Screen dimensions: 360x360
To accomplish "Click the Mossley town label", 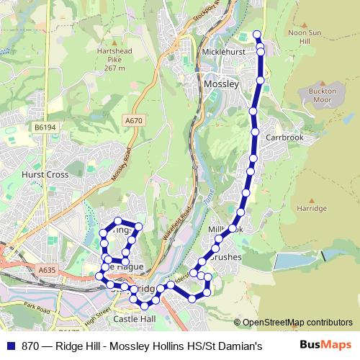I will point(221,84).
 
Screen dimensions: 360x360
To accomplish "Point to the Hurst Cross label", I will point(45,175).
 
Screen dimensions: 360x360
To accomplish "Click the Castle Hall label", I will point(134,318).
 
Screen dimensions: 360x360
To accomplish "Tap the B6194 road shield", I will point(44,127).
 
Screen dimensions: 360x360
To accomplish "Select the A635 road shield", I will point(47,270).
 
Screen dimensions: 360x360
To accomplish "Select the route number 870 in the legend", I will point(30,346).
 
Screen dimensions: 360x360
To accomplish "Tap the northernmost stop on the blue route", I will point(256,34).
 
